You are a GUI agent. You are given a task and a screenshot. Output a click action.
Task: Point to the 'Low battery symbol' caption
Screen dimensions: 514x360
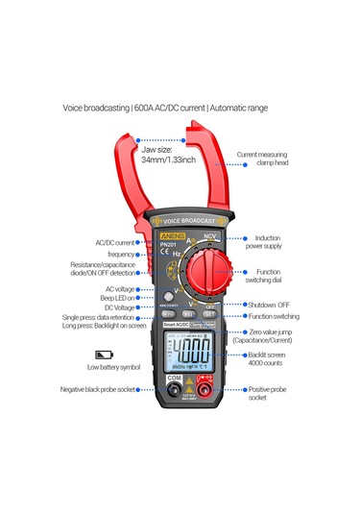click(113, 367)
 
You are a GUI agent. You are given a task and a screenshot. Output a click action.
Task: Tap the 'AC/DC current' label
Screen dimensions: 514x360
click(115, 243)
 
